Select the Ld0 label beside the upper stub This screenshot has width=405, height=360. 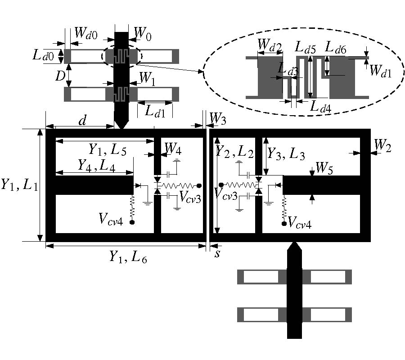click(x=43, y=56)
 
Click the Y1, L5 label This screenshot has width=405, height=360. click(x=104, y=148)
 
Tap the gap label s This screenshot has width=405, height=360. click(x=218, y=253)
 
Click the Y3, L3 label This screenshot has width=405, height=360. click(x=286, y=154)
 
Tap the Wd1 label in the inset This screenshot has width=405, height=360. click(x=381, y=71)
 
